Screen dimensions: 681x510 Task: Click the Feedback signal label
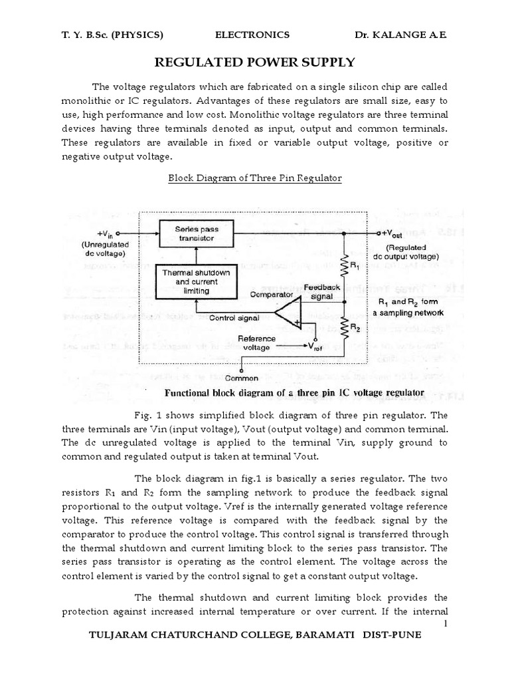point(322,291)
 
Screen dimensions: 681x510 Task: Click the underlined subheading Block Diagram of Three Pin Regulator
point(255,178)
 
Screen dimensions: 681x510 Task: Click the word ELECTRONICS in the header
point(253,35)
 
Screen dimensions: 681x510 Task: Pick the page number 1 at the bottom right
point(446,622)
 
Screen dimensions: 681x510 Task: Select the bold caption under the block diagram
point(294,393)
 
